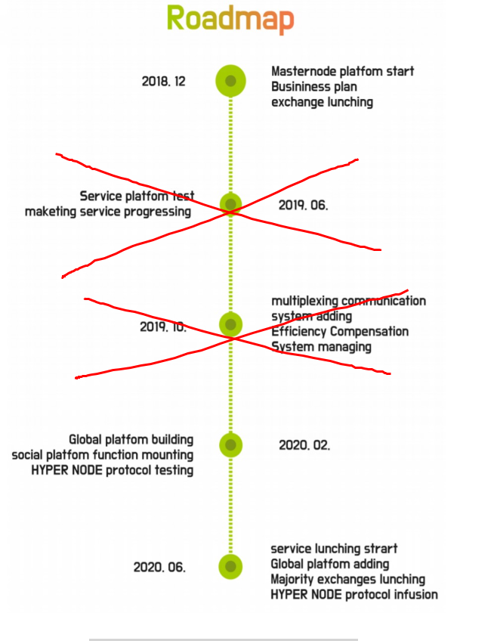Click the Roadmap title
230,19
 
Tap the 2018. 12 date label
163,82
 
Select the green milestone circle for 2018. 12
230,81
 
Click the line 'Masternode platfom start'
343,71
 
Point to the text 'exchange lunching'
323,102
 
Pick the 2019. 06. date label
303,205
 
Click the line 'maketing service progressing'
108,212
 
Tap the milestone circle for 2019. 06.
230,204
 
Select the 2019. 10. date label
163,327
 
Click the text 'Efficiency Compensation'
340,332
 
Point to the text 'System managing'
322,347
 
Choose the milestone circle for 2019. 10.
230,324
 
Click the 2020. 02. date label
304,445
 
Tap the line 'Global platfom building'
131,440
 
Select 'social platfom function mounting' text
103,455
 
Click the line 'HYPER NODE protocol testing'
113,470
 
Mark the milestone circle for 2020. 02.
230,445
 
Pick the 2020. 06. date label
159,568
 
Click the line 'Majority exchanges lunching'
348,580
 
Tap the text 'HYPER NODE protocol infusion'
354,595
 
